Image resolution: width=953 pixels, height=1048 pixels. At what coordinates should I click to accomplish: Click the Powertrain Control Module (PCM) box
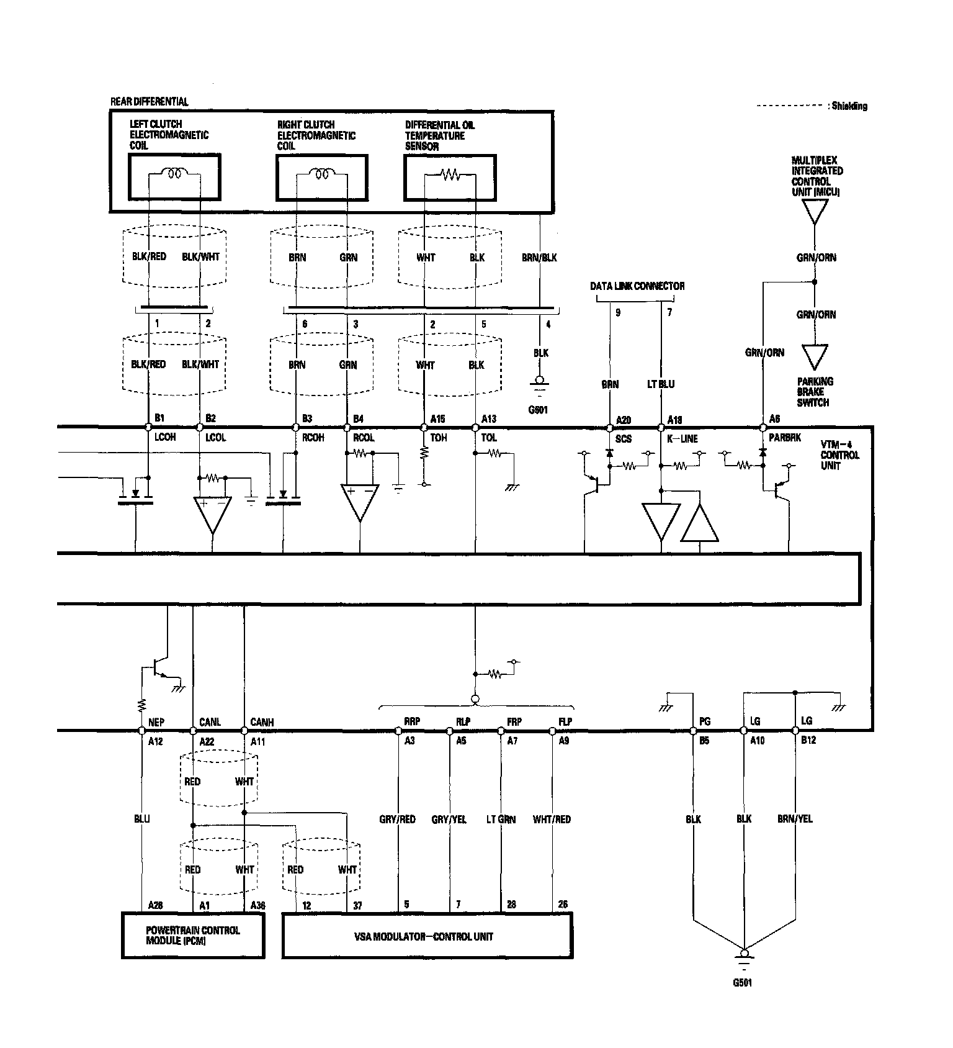(192, 936)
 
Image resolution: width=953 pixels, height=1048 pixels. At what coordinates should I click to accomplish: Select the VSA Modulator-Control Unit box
(427, 936)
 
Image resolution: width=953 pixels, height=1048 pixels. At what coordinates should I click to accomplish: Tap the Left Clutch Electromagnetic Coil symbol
(174, 174)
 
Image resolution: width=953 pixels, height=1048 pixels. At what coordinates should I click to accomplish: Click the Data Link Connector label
(637, 286)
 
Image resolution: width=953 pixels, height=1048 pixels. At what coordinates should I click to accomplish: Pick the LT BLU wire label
(660, 384)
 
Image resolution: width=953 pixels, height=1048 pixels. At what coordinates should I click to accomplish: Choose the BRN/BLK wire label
(539, 258)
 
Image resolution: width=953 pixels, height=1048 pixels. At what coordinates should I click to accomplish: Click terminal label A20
(623, 420)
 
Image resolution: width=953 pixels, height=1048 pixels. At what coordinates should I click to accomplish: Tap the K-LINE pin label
(682, 439)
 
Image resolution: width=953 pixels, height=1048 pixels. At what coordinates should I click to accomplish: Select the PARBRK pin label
(785, 438)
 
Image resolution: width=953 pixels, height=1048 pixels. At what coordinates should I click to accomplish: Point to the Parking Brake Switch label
(815, 392)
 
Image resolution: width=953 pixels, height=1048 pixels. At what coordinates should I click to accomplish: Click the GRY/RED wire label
(397, 820)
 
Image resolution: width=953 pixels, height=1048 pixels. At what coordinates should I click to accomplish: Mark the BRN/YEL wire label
(795, 819)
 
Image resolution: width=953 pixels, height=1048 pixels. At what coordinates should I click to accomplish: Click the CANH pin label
(262, 722)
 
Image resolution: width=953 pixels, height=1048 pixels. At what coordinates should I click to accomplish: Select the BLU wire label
(142, 819)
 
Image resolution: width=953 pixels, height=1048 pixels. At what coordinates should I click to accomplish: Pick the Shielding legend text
(848, 106)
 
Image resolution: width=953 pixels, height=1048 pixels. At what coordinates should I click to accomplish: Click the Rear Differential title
(149, 101)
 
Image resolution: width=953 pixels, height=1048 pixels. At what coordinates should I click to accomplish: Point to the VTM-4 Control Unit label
(839, 455)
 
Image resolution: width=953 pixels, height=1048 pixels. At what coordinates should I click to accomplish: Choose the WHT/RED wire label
(552, 820)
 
